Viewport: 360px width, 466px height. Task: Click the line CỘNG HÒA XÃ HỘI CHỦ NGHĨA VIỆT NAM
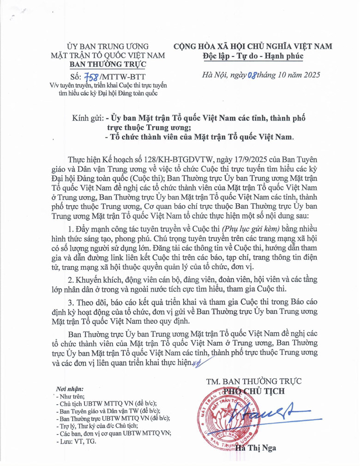point(252,47)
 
